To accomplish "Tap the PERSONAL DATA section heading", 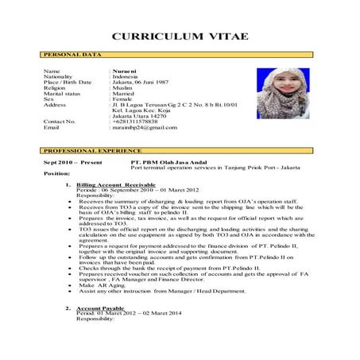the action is pyautogui.click(x=72, y=56).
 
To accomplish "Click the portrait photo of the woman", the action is pyautogui.click(x=282, y=93).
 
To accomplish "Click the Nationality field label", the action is pyautogui.click(x=60, y=78).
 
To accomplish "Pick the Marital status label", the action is pyautogui.click(x=63, y=97).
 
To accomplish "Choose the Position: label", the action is pyautogui.click(x=58, y=174).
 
